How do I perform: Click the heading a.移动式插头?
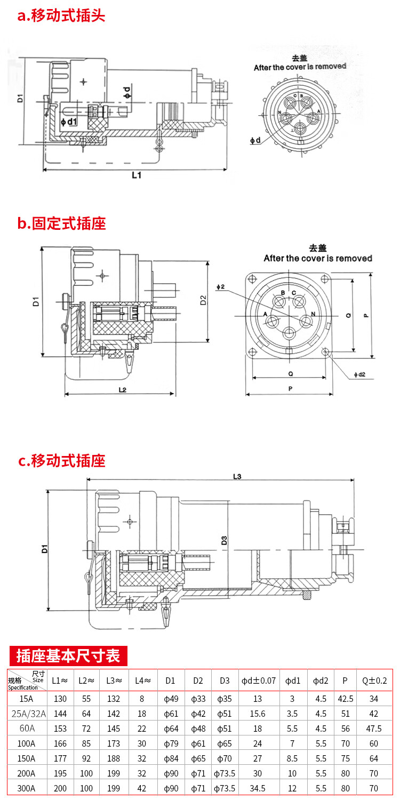pyautogui.click(x=61, y=15)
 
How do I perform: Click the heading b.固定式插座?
pyautogui.click(x=61, y=223)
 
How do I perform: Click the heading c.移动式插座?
pyautogui.click(x=61, y=460)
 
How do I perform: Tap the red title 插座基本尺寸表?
pyautogui.click(x=68, y=655)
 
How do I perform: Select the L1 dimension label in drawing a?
pyautogui.click(x=136, y=175)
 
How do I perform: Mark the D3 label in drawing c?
pyautogui.click(x=225, y=539)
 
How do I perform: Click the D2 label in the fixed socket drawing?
pyautogui.click(x=203, y=301)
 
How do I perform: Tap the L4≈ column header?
pyautogui.click(x=143, y=680)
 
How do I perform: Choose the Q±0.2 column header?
pyautogui.click(x=374, y=680)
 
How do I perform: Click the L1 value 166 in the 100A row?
pyautogui.click(x=60, y=743)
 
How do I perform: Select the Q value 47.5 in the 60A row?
pyautogui.click(x=374, y=729)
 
